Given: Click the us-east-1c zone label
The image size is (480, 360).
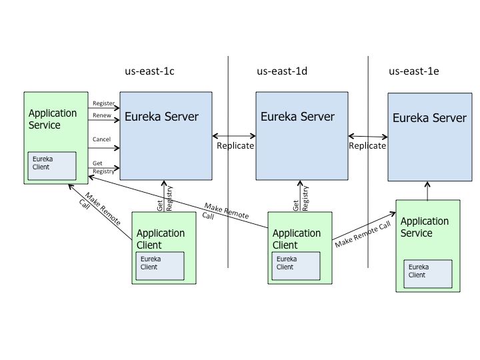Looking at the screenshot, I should click(x=153, y=71).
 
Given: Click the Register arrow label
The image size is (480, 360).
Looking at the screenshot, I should click(x=103, y=104).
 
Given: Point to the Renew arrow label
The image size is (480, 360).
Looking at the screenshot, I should click(x=101, y=115).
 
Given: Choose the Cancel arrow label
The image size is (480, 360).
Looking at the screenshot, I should click(x=101, y=139).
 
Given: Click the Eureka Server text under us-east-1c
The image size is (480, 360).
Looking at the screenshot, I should click(x=162, y=117).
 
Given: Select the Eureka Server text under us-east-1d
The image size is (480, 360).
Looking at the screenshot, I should click(x=297, y=116).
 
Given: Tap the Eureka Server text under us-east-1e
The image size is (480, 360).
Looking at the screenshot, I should click(x=429, y=118).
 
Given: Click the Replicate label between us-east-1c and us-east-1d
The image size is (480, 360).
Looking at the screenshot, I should click(x=235, y=145).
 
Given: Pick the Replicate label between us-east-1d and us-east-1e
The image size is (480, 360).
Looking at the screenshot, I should click(x=367, y=145).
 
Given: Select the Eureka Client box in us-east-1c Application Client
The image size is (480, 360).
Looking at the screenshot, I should click(x=159, y=263).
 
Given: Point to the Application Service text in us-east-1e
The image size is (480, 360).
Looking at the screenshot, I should click(x=425, y=227).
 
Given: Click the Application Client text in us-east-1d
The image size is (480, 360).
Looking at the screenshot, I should click(x=297, y=239).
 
